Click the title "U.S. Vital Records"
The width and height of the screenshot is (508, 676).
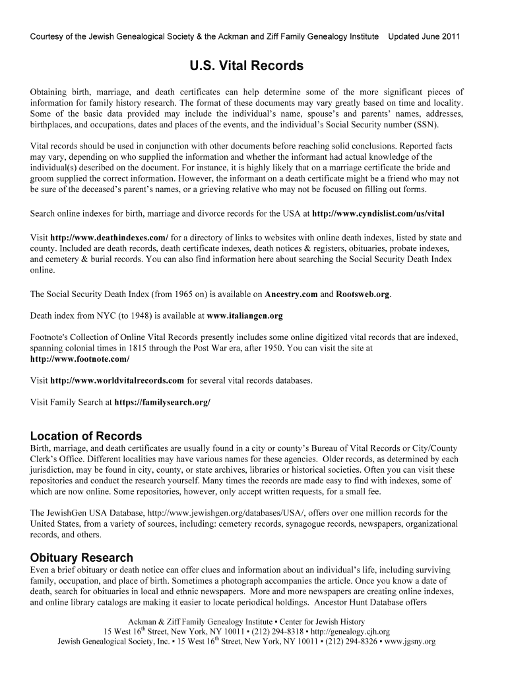click(x=247, y=66)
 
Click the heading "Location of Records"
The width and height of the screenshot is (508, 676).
click(x=86, y=436)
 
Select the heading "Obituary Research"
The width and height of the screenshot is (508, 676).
click(x=82, y=558)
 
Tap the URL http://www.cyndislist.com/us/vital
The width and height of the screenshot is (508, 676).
click(x=378, y=214)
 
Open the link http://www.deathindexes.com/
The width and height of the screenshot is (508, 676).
click(x=110, y=238)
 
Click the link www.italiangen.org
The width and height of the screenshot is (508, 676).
click(x=245, y=316)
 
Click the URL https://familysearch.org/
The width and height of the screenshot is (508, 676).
click(x=162, y=401)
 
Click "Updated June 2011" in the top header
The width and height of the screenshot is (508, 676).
click(x=424, y=36)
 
